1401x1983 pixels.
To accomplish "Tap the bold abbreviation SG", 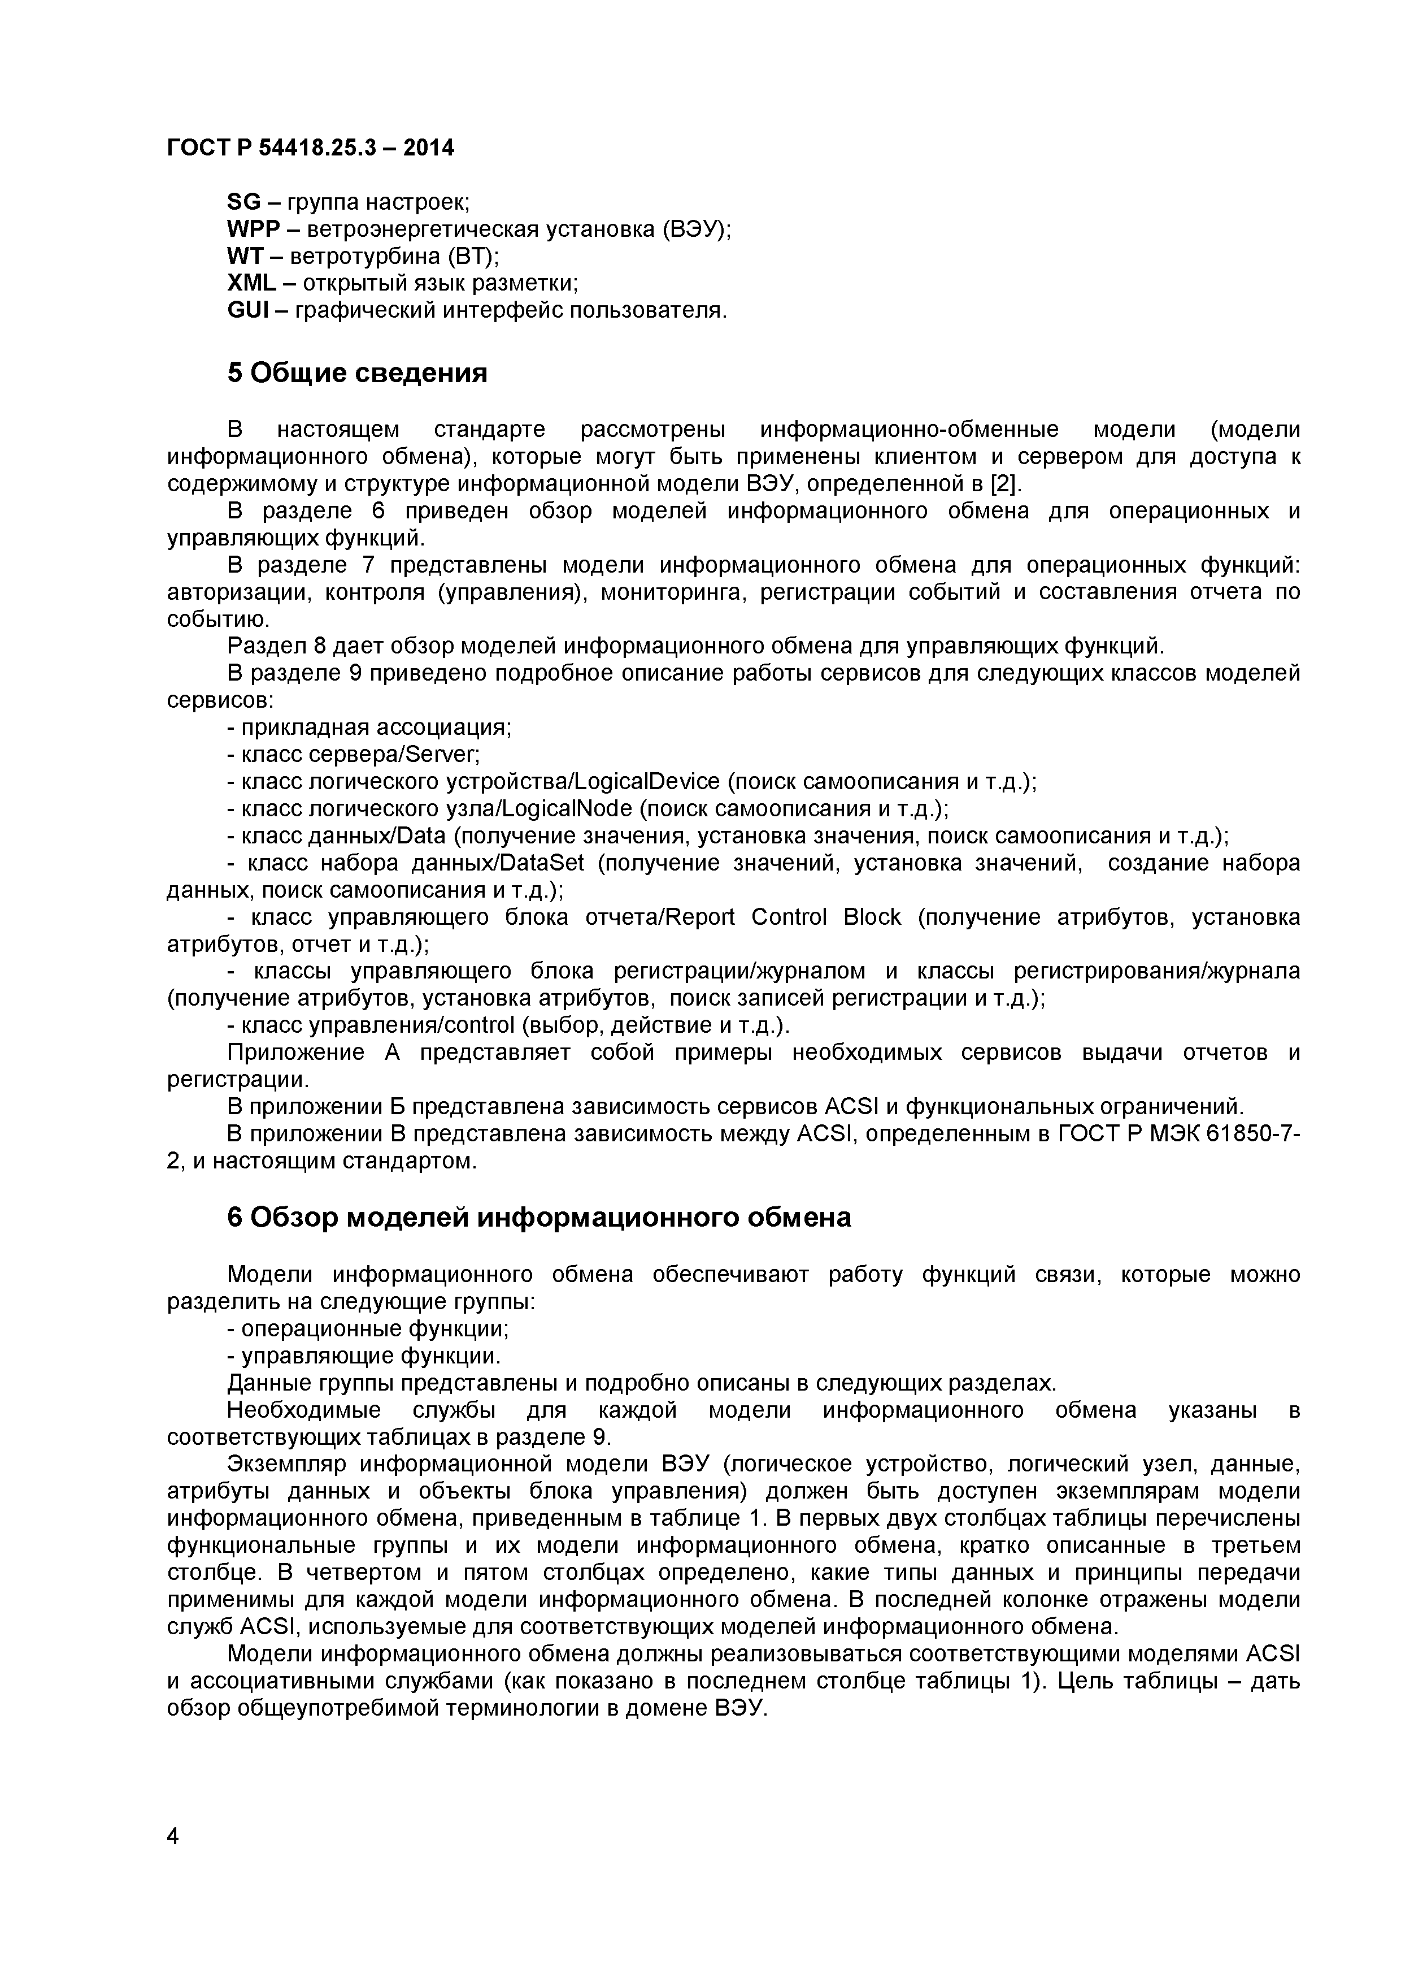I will click(243, 202).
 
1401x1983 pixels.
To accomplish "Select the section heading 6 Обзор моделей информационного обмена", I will click(538, 1218).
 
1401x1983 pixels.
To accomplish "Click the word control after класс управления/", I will click(480, 1025).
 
